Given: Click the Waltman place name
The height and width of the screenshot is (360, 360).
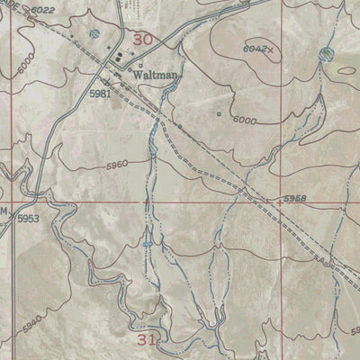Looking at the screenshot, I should coord(155,76).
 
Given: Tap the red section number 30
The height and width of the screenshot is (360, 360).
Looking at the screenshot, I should coord(142,40).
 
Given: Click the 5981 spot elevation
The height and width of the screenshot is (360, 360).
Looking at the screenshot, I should coord(102,93).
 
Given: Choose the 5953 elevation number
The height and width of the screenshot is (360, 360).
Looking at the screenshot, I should coord(30,218).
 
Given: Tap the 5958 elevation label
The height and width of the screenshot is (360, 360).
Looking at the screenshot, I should coord(294,197).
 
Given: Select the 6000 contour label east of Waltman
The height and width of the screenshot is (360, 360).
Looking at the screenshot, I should coord(243,120).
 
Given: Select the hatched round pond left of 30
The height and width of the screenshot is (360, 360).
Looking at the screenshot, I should coord(94,34).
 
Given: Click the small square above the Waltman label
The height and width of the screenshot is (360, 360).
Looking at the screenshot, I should coord(140,65).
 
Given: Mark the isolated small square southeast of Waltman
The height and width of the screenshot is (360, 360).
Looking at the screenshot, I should coord(219,113).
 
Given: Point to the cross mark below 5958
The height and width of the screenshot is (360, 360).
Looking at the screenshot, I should coord(280,203).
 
